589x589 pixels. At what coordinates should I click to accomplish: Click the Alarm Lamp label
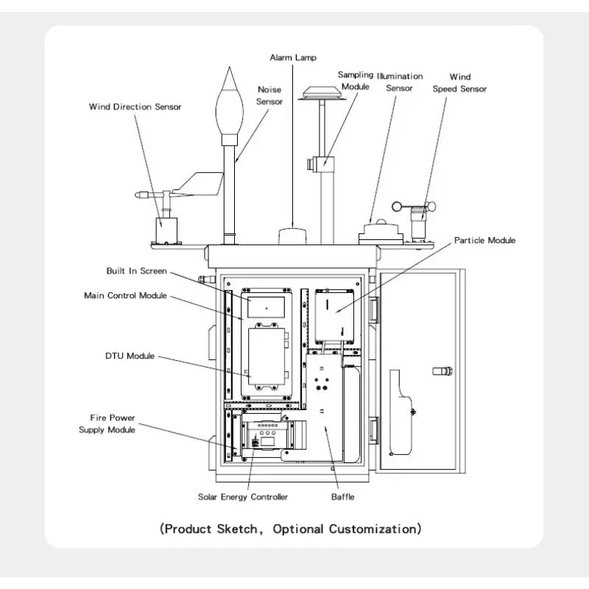293,57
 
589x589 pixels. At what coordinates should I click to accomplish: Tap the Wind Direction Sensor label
135,107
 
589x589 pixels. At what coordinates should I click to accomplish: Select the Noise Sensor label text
269,96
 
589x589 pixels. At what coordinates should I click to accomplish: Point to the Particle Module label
484,241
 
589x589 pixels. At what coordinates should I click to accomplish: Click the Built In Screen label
136,271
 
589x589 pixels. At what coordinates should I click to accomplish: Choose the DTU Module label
130,356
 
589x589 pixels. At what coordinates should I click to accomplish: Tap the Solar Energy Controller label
243,497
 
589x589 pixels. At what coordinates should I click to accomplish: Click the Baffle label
342,497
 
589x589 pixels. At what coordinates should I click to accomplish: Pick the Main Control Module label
125,295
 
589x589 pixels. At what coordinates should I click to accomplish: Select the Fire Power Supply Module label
107,424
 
